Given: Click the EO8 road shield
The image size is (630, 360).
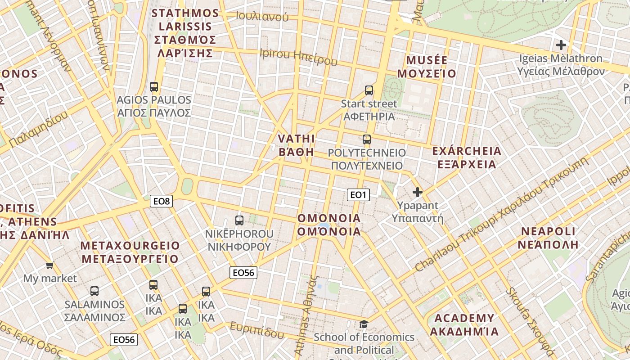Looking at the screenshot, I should (x=161, y=201).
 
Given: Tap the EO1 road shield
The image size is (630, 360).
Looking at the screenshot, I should (x=358, y=194).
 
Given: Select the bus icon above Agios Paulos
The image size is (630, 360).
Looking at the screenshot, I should (x=154, y=87).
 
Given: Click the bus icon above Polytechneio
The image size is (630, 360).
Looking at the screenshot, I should (x=367, y=139).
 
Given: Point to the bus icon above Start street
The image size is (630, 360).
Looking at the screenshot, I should (x=369, y=90).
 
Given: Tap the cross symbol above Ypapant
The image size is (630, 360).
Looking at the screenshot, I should (x=418, y=193).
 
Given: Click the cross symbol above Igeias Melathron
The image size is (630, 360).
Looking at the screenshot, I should (x=561, y=45).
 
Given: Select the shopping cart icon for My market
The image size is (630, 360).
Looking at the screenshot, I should (x=50, y=265).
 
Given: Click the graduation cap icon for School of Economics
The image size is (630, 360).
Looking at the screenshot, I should (x=364, y=324).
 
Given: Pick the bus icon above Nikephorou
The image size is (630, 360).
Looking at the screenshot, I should (x=239, y=220).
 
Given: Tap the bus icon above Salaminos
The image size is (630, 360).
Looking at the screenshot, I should (x=94, y=291).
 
